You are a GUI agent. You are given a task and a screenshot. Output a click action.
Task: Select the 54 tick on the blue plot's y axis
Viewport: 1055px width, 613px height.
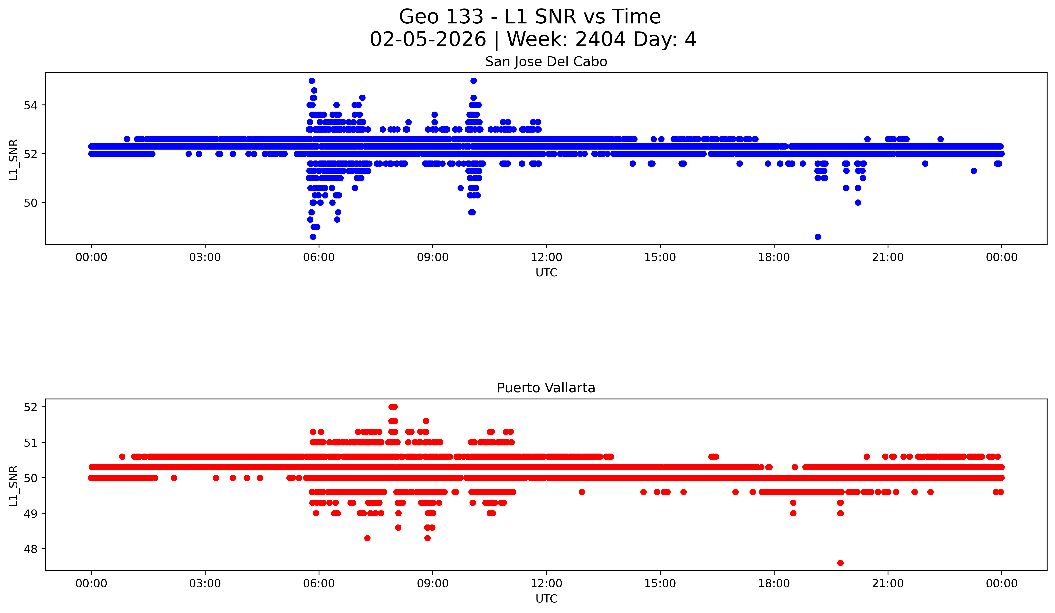coord(30,105)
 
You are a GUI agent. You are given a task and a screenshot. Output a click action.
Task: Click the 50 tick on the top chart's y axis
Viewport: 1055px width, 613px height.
coord(30,203)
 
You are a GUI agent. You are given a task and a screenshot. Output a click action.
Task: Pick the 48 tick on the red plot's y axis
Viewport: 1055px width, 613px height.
coord(30,549)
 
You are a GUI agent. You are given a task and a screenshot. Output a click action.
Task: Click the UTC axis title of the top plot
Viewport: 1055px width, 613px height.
coord(546,273)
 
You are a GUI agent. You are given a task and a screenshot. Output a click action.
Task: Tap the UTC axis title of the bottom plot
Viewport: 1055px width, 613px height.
coord(546,599)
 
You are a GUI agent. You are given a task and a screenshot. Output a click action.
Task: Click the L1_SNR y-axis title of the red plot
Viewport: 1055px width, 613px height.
coord(13,486)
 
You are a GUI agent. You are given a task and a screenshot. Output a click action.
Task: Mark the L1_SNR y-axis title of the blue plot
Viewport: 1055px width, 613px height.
coord(13,160)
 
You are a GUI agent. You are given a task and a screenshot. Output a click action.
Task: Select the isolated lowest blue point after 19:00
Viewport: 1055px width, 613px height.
coord(818,237)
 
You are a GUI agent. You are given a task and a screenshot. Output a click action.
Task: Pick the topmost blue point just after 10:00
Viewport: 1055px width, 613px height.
coord(473,80)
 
